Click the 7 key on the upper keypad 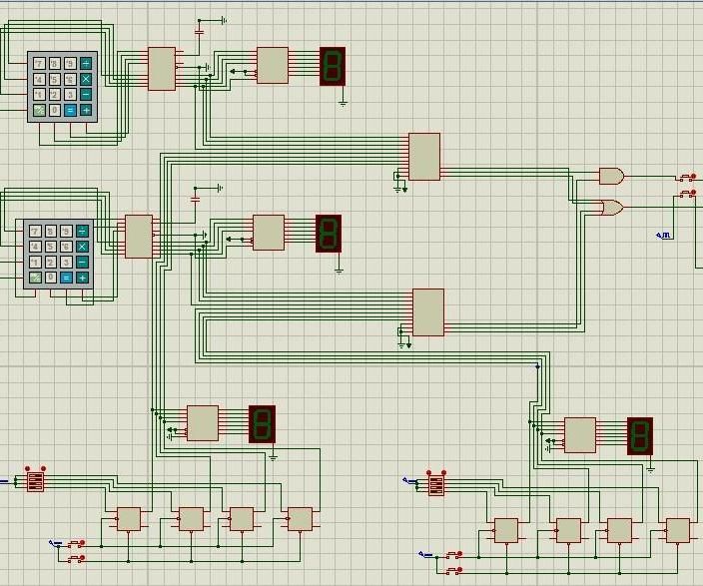pyautogui.click(x=39, y=64)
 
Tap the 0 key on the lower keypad pyautogui.click(x=51, y=278)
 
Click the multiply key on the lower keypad pyautogui.click(x=82, y=247)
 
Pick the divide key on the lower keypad pyautogui.click(x=82, y=231)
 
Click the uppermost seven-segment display pyautogui.click(x=333, y=66)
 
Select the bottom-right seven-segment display pyautogui.click(x=639, y=436)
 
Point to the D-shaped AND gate pyautogui.click(x=610, y=177)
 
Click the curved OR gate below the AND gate pyautogui.click(x=610, y=208)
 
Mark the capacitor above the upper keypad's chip pyautogui.click(x=198, y=32)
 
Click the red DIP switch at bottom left pyautogui.click(x=35, y=481)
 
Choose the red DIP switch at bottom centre pyautogui.click(x=435, y=484)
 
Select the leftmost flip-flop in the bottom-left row pyautogui.click(x=129, y=519)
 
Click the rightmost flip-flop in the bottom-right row pyautogui.click(x=677, y=530)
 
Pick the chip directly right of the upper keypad pyautogui.click(x=162, y=69)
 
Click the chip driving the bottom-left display pyautogui.click(x=203, y=422)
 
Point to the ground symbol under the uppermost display pyautogui.click(x=343, y=101)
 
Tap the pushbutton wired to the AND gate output pyautogui.click(x=688, y=178)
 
